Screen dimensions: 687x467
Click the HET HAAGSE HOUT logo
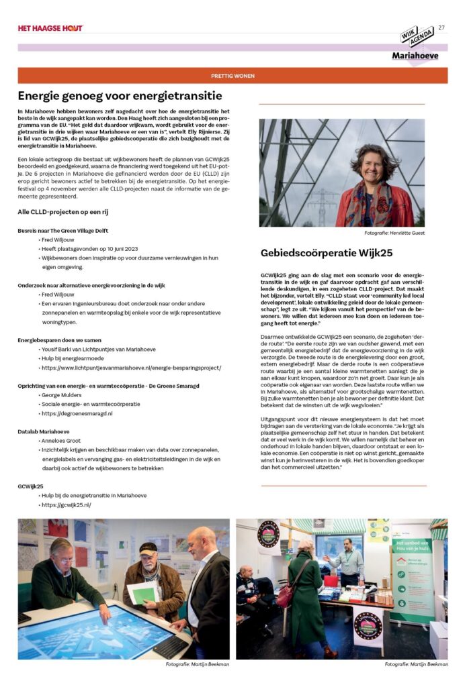click(50, 28)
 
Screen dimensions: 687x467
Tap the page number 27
click(441, 28)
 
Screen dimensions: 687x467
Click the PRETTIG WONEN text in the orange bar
click(232, 76)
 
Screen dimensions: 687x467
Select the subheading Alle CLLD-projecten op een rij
click(63, 212)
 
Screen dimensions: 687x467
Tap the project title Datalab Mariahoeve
click(44, 431)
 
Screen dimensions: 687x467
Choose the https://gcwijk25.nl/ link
click(66, 505)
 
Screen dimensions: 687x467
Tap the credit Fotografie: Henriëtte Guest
click(395, 233)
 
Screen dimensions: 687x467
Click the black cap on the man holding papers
click(148, 547)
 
